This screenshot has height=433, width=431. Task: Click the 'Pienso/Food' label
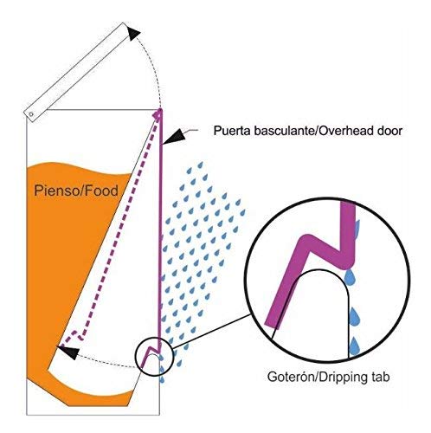click(76, 191)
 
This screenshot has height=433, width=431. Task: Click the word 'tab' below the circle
click(380, 377)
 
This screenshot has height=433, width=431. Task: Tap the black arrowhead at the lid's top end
click(133, 33)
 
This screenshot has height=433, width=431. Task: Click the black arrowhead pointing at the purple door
click(173, 135)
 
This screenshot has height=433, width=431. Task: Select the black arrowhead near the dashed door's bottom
click(68, 352)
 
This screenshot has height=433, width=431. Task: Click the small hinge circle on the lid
click(31, 114)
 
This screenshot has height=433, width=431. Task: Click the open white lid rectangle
click(76, 72)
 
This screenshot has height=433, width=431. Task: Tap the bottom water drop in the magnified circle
click(354, 346)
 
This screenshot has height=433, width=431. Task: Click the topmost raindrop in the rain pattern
click(200, 165)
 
